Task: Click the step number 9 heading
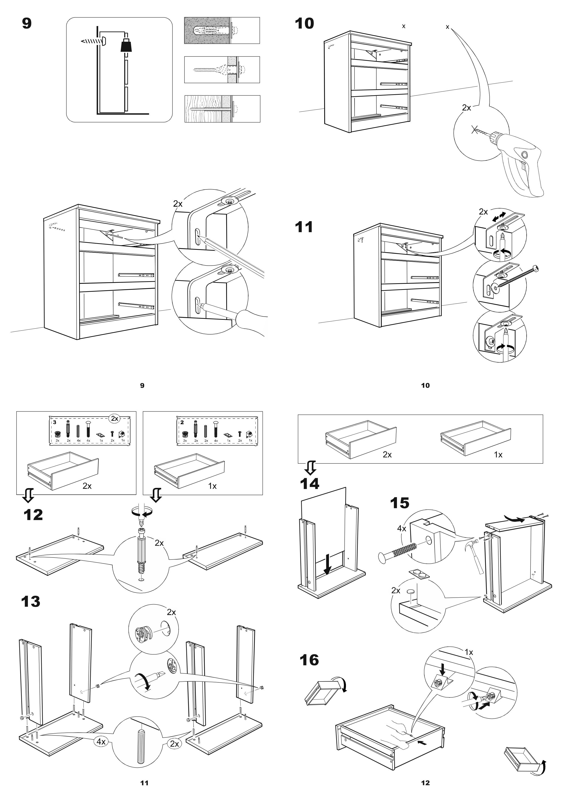tap(27, 24)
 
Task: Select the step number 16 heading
tap(309, 660)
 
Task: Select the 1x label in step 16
tap(469, 653)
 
